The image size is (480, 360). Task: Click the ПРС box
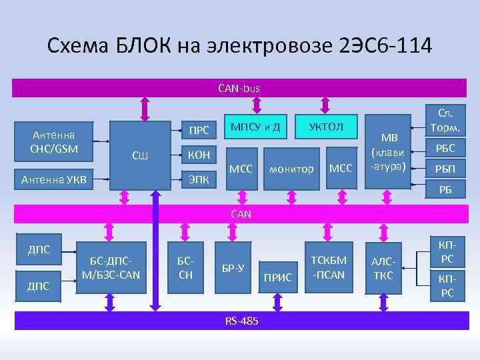tap(199, 129)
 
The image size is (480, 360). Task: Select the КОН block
tap(199, 155)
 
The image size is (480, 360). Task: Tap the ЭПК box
tap(199, 178)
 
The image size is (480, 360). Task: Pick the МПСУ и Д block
tap(255, 127)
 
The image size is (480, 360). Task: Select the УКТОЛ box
tap(327, 127)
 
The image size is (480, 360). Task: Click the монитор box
tap(291, 169)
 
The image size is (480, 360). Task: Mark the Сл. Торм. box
tap(445, 119)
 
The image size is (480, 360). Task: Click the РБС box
tap(445, 149)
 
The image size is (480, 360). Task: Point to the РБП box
tap(445, 169)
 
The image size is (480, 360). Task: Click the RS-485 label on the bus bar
tap(241, 322)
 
